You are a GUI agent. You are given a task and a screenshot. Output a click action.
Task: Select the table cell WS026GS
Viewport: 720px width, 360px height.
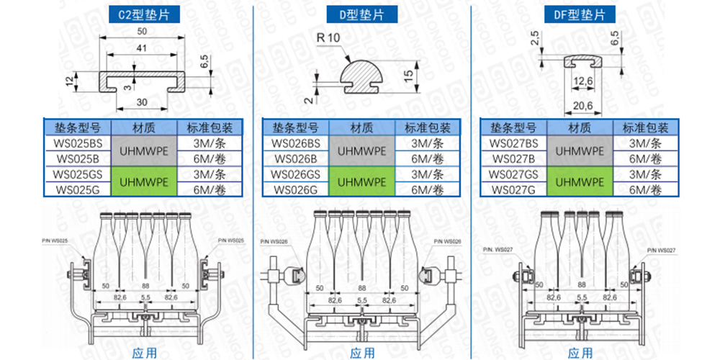pos(294,174)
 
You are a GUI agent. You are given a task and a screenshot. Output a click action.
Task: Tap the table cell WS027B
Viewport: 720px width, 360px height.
pos(513,158)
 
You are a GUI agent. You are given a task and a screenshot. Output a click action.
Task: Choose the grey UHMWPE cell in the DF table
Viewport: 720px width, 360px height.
pos(580,151)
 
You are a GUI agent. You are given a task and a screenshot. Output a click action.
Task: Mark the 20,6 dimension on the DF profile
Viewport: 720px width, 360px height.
pos(582,106)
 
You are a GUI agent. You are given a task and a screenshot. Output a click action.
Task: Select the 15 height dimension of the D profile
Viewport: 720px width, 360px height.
pos(408,73)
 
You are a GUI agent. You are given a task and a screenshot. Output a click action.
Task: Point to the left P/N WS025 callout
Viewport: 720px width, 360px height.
pos(56,240)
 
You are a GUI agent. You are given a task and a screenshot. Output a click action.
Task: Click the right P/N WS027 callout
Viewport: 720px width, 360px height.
pos(661,249)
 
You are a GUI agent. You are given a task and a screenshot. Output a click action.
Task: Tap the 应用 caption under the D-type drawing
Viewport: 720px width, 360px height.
pos(362,353)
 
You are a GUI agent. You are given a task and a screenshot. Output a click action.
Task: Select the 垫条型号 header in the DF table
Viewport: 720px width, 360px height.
pos(513,128)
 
